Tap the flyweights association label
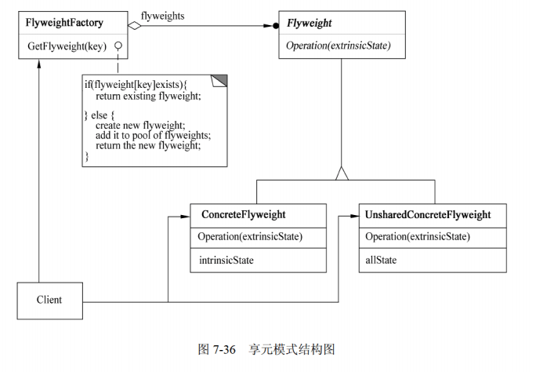coord(163,16)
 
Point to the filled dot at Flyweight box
coord(275,26)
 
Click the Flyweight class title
coord(310,24)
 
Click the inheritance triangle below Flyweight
coord(342,174)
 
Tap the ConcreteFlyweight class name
coord(243,214)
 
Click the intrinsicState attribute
coord(224,257)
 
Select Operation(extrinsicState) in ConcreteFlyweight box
coord(250,236)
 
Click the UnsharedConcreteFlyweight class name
coord(428,214)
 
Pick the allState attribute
coord(383,257)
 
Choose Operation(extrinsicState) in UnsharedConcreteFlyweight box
coord(418,236)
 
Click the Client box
coord(49,300)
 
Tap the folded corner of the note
coord(219,79)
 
